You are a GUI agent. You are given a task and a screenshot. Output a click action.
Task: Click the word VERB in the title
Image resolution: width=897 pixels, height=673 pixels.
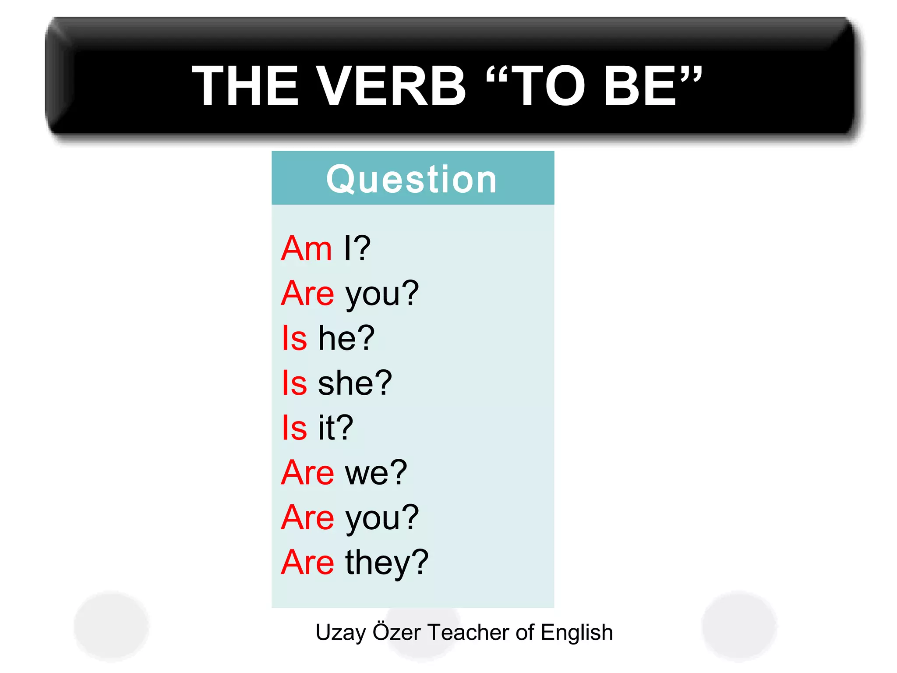[391, 85]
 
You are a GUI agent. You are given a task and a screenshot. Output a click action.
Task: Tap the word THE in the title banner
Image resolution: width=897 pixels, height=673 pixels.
[245, 85]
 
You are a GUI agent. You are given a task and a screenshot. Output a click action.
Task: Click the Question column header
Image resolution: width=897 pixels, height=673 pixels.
[412, 179]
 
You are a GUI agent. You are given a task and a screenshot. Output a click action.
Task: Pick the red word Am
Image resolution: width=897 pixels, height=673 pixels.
[306, 248]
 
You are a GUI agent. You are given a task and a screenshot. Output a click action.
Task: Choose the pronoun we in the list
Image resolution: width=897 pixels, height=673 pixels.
[367, 473]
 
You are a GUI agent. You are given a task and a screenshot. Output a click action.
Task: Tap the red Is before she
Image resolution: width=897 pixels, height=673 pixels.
[294, 383]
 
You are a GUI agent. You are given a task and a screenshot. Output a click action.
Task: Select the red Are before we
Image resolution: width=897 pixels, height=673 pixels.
[307, 473]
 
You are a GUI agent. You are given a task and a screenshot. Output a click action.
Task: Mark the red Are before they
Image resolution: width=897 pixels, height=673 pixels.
[307, 563]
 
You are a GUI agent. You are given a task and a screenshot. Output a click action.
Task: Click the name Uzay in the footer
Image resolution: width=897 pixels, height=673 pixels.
[341, 633]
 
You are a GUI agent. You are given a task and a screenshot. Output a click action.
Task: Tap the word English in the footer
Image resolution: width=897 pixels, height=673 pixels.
[576, 633]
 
